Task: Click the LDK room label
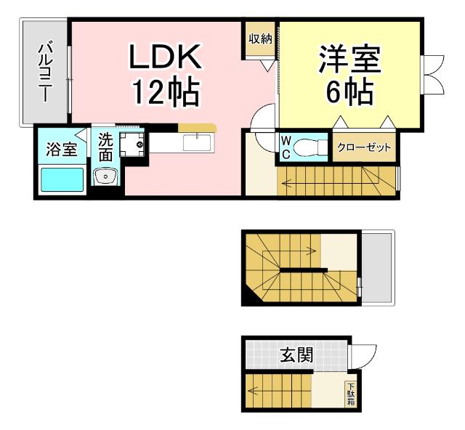[164, 57]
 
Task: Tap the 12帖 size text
[164, 92]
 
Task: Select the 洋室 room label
[349, 58]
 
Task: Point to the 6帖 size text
[349, 92]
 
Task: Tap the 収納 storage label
[259, 38]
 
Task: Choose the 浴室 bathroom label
[62, 150]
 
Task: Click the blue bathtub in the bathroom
[61, 179]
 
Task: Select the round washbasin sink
[106, 177]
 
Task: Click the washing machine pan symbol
[133, 144]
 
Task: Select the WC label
[286, 147]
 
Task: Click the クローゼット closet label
[364, 148]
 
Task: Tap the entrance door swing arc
[364, 354]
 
